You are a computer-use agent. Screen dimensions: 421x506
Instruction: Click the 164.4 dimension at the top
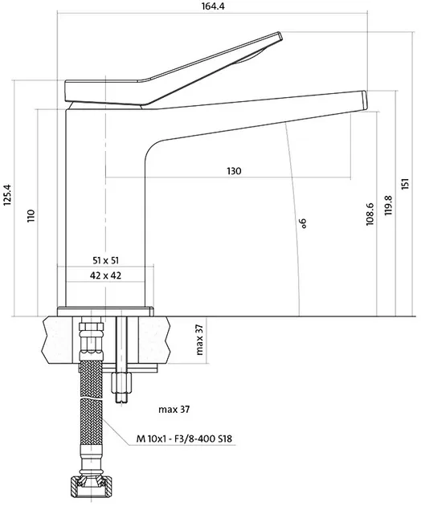click(x=213, y=6)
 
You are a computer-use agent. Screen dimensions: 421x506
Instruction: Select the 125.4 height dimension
click(x=7, y=194)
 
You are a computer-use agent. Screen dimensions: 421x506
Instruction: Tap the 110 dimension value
click(x=31, y=215)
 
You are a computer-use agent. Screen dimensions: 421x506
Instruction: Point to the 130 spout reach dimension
click(x=234, y=171)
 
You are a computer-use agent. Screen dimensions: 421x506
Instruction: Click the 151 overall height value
click(x=406, y=183)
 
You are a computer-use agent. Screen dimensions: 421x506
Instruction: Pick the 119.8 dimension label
click(x=388, y=206)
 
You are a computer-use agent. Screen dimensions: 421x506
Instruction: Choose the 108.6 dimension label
click(x=370, y=214)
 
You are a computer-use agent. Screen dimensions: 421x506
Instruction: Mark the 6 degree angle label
click(x=303, y=223)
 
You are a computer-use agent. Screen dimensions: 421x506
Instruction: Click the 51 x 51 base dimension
click(x=105, y=260)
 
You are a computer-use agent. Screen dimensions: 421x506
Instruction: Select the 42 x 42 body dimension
click(x=105, y=275)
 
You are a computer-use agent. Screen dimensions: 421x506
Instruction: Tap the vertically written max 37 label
click(x=200, y=340)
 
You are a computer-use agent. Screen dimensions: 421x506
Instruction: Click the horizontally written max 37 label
click(x=174, y=410)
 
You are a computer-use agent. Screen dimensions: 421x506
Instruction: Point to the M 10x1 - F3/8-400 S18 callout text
click(x=184, y=439)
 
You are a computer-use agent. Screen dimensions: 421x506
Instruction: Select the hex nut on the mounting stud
click(x=121, y=382)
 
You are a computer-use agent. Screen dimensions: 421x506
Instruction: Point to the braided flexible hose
click(x=91, y=406)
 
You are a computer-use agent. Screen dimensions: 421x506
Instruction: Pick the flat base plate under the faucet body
click(x=105, y=312)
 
